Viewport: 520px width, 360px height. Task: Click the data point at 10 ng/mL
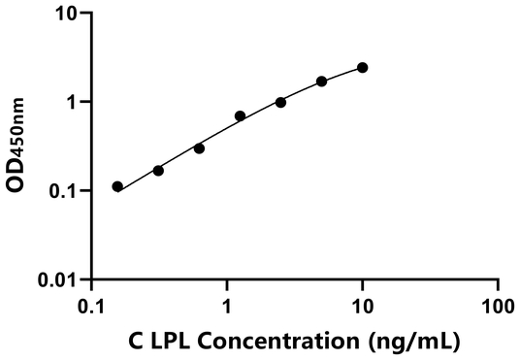coord(362,67)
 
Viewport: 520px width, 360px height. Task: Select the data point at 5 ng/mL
coord(322,82)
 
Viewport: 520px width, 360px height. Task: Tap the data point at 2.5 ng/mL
coord(280,102)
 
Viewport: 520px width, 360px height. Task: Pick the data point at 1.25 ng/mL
coord(240,115)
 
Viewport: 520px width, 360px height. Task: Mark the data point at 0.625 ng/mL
coord(199,147)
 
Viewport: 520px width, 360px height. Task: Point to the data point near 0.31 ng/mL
coord(158,170)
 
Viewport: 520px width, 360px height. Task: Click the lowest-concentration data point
coord(117,186)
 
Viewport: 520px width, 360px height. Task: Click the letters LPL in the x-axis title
coord(168,341)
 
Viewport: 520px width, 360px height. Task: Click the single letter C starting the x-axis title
coord(135,341)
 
